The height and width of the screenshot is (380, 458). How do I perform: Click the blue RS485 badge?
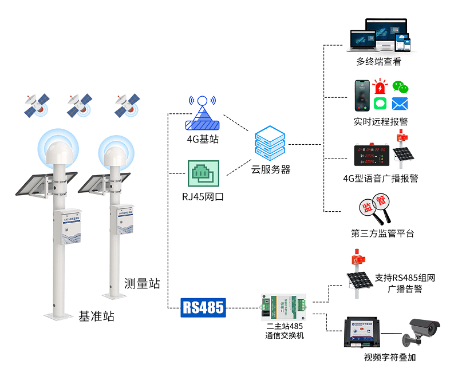click(203, 307)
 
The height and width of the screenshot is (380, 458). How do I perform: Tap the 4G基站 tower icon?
click(202, 114)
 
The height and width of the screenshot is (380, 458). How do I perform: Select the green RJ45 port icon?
click(203, 173)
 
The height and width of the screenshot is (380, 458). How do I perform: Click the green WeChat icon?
click(400, 86)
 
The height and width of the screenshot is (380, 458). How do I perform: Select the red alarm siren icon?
click(380, 86)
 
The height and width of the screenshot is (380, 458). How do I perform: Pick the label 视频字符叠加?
click(389, 358)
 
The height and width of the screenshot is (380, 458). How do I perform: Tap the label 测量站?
click(142, 284)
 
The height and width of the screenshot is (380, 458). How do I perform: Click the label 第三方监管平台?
click(382, 233)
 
